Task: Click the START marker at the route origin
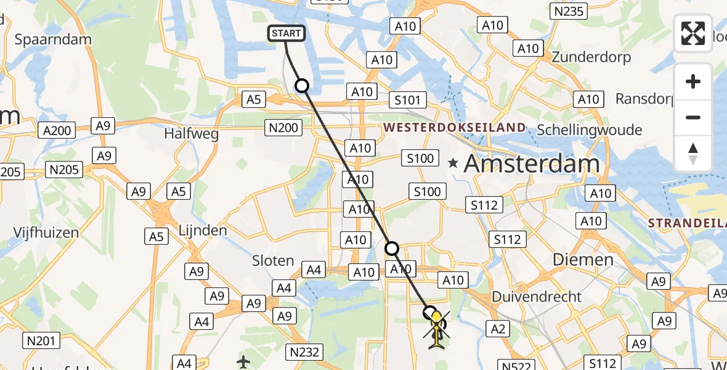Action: pyautogui.click(x=286, y=33)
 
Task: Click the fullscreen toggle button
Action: pyautogui.click(x=693, y=33)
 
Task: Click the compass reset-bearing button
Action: pyautogui.click(x=693, y=154)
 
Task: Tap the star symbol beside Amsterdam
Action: pyautogui.click(x=453, y=163)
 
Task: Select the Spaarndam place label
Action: pyautogui.click(x=53, y=39)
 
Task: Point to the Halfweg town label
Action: pyautogui.click(x=191, y=133)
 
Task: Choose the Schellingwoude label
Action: pyautogui.click(x=590, y=130)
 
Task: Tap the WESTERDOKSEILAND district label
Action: pyautogui.click(x=455, y=128)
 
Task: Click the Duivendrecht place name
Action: pyautogui.click(x=537, y=297)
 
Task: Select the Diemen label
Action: pyautogui.click(x=583, y=260)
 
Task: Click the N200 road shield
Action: pyautogui.click(x=283, y=128)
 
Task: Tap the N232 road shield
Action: pyautogui.click(x=304, y=352)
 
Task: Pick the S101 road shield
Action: pyautogui.click(x=408, y=100)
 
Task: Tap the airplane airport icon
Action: pyautogui.click(x=244, y=361)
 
